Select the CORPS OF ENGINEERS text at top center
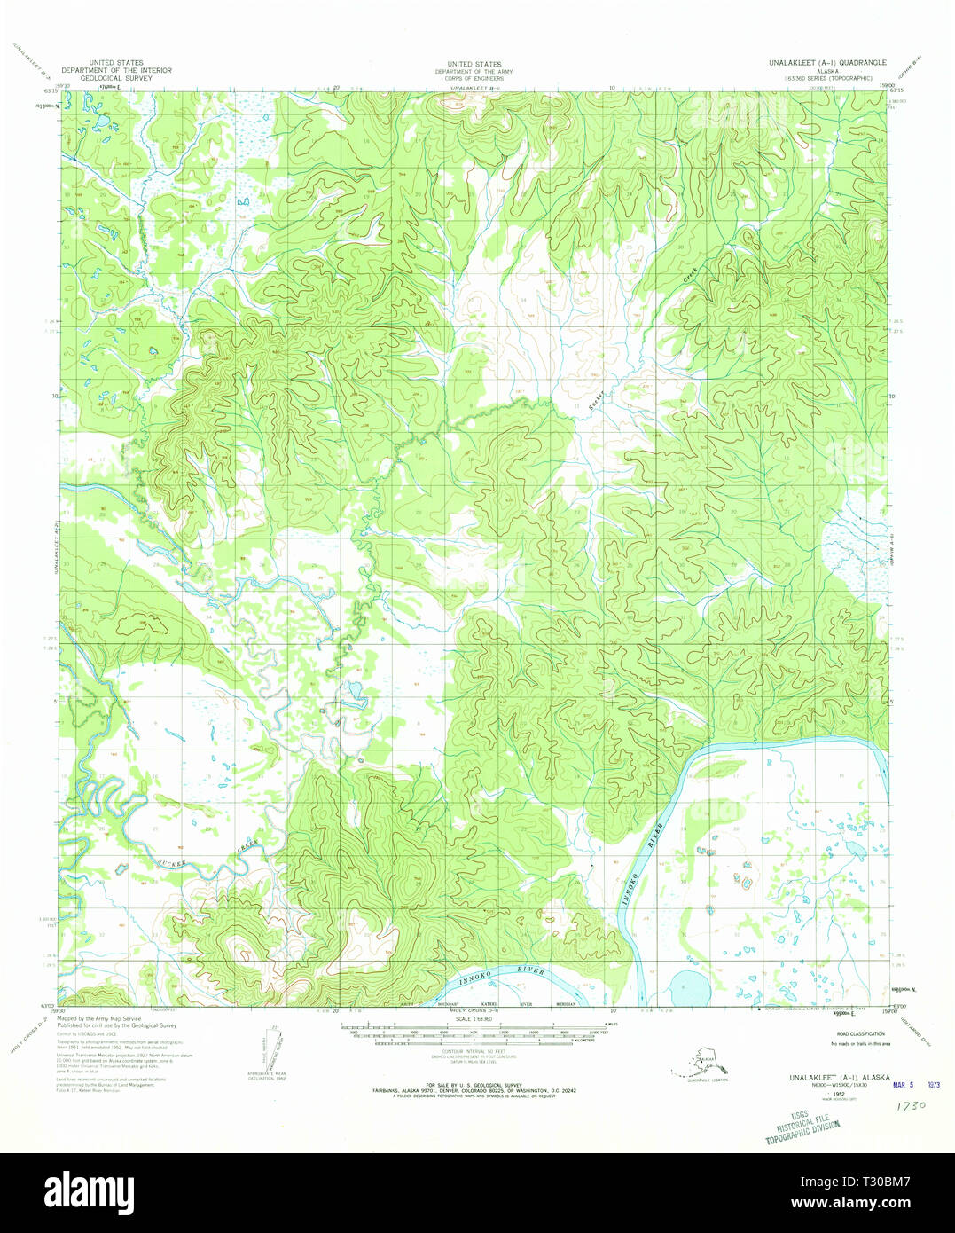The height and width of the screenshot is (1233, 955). coord(474,78)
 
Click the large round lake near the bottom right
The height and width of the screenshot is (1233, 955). coord(686,986)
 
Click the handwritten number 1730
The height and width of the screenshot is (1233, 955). coord(910,1106)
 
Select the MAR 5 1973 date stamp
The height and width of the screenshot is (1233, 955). coord(914,1084)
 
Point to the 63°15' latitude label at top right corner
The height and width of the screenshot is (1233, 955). coord(897,90)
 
